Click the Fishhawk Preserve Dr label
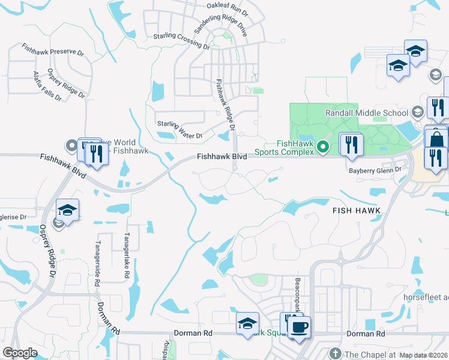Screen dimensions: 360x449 click(53, 49)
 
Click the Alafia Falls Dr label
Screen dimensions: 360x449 click(44, 85)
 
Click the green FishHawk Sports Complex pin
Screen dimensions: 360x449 click(323, 146)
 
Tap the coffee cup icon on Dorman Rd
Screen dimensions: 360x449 click(299, 328)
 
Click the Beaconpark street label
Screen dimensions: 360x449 click(297, 290)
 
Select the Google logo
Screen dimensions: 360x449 click(20, 353)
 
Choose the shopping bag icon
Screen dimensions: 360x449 click(436, 139)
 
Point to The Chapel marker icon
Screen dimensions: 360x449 click(335, 353)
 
